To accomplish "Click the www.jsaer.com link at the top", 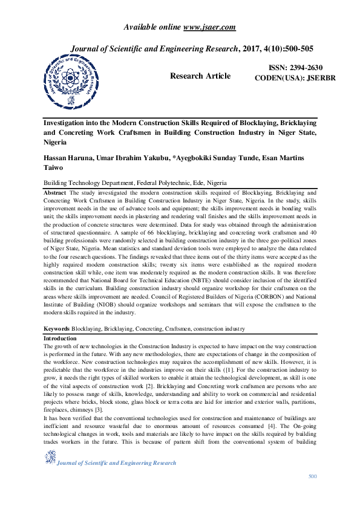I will coord(210,27).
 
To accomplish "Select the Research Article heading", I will coord(200,76).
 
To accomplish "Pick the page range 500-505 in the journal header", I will coord(293,48).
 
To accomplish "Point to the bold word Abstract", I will coord(55,192).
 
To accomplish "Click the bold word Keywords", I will coord(57,328).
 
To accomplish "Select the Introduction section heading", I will coord(60,339).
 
